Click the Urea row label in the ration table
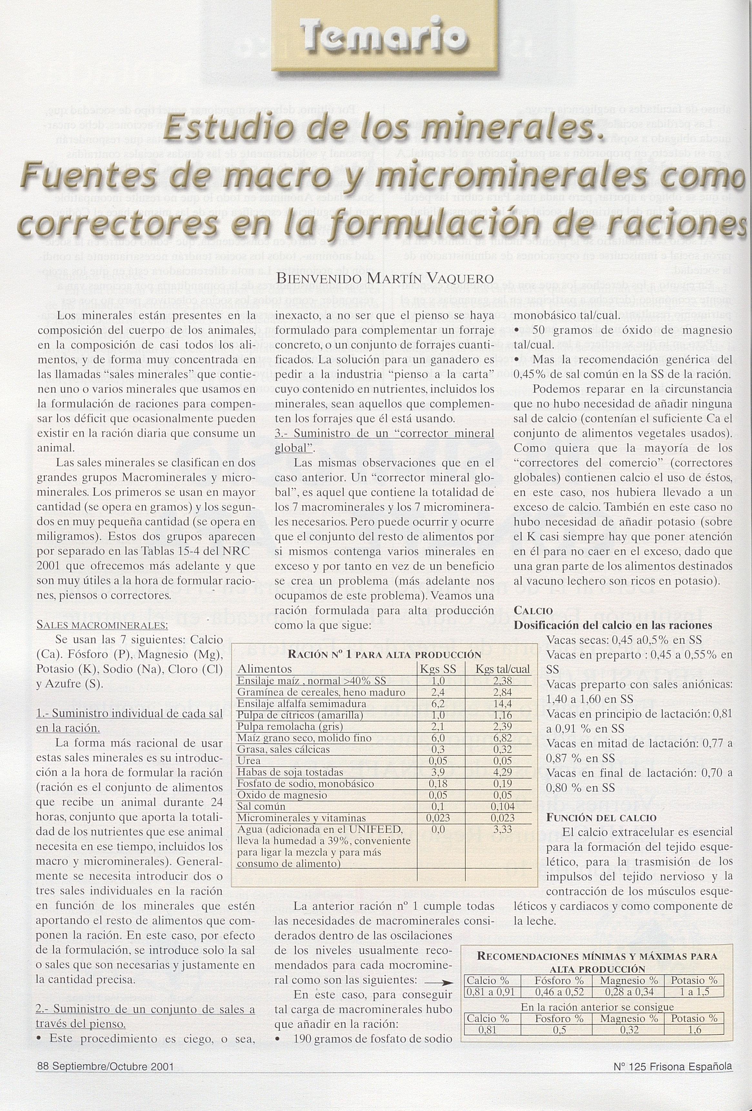tap(249, 761)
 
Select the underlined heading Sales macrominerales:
tap(102, 625)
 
